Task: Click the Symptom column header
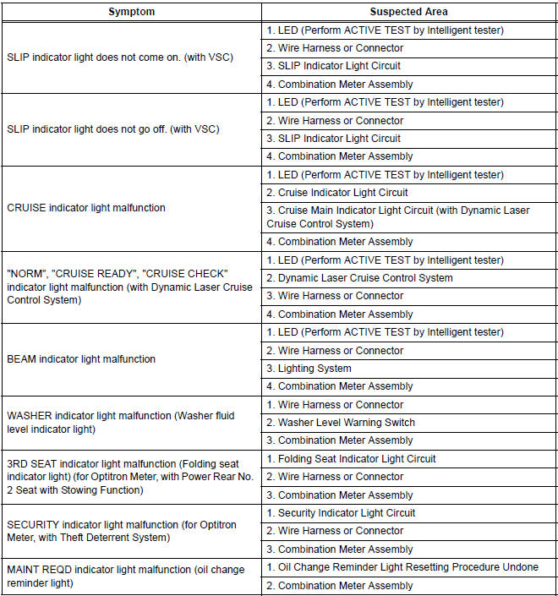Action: (x=131, y=12)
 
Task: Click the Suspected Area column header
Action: (x=409, y=12)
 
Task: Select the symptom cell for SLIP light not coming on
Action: (x=119, y=57)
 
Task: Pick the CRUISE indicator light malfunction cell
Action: (x=86, y=207)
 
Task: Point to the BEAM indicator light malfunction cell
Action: (x=81, y=359)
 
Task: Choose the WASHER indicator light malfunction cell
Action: (x=120, y=423)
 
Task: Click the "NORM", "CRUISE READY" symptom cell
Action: (x=129, y=287)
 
